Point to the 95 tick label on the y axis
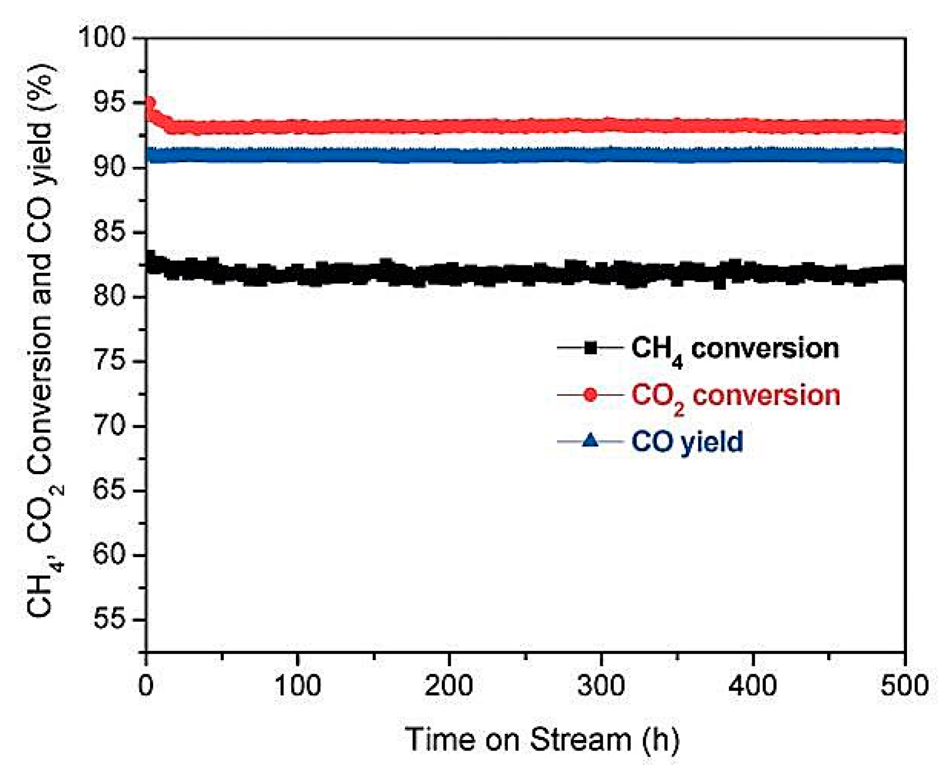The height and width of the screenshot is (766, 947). tap(110, 103)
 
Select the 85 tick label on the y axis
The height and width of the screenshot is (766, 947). tap(110, 232)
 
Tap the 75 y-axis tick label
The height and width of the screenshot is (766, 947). tap(110, 361)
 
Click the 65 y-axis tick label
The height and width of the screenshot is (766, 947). tap(110, 491)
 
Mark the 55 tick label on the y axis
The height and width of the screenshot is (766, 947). tap(110, 620)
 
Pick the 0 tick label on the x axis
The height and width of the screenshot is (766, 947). tap(146, 686)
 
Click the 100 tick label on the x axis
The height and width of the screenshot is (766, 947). tap(297, 686)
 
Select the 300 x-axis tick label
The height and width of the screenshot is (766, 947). tap(601, 686)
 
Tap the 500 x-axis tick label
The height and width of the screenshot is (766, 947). tap(904, 686)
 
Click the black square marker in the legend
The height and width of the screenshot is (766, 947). tap(590, 347)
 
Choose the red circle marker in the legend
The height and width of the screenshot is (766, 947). tap(590, 395)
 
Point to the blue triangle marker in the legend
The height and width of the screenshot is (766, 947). tap(590, 441)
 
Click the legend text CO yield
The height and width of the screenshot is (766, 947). tap(687, 442)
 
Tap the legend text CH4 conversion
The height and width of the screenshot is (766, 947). tap(735, 349)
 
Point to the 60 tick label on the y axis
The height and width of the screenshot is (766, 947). tap(110, 555)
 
